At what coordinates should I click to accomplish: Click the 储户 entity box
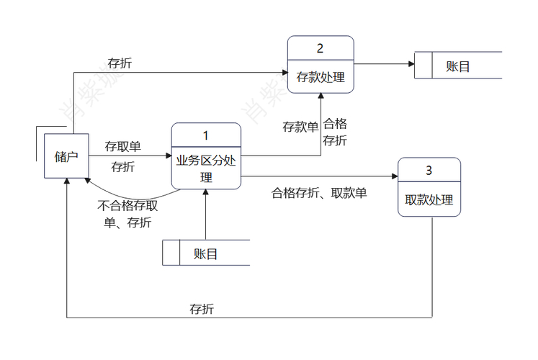[x=66, y=156]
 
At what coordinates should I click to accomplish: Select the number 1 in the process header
[x=206, y=135]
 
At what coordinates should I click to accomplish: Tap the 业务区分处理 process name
[x=206, y=168]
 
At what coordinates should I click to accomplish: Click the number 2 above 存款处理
[x=320, y=48]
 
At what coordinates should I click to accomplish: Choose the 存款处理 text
[x=320, y=78]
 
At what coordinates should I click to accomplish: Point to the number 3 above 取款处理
[x=429, y=171]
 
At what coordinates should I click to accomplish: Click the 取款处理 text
[x=429, y=199]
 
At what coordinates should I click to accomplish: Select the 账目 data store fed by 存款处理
[x=458, y=66]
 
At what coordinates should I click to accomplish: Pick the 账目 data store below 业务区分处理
[x=206, y=253]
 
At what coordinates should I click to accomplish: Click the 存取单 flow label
[x=122, y=147]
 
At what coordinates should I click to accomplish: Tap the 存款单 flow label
[x=300, y=127]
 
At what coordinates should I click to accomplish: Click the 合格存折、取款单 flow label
[x=319, y=193]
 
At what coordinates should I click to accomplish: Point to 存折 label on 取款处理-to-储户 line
[x=202, y=310]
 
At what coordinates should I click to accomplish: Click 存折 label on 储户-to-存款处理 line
[x=120, y=63]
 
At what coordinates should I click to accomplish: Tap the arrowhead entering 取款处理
[x=394, y=176]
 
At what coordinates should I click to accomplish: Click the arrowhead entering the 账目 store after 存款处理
[x=411, y=64]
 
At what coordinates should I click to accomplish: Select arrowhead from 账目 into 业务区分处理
[x=206, y=193]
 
